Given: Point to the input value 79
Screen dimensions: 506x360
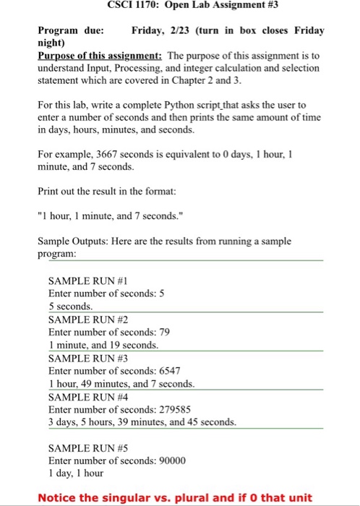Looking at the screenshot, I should (x=163, y=332).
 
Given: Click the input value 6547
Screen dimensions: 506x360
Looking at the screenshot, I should (x=170, y=370).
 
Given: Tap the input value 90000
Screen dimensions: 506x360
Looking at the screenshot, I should (x=172, y=460).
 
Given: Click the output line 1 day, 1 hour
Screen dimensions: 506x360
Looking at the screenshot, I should (x=75, y=473).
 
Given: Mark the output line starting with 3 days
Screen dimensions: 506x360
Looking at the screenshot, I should (x=142, y=421).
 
